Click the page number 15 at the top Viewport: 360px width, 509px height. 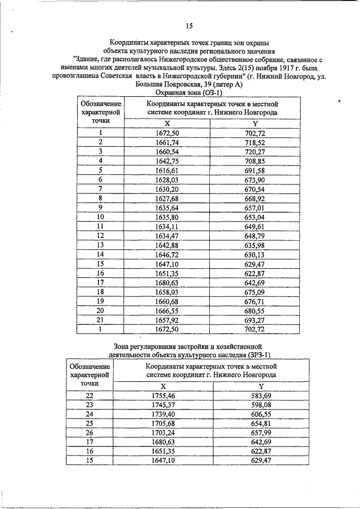click(189, 26)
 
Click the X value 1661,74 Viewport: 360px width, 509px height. click(166, 142)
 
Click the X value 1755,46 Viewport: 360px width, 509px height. click(163, 395)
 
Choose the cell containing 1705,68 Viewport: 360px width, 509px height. click(163, 423)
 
